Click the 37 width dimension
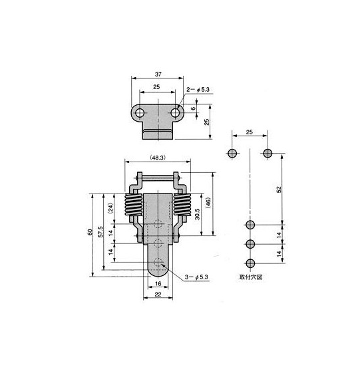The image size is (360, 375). point(158,74)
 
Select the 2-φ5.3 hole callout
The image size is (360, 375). point(198,90)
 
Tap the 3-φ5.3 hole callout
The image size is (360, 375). point(196,277)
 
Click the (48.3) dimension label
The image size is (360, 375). point(158,158)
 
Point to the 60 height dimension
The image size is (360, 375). point(90,232)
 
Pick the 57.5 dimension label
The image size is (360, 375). point(100,232)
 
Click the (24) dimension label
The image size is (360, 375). point(110,209)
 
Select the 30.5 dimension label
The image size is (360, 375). point(197,214)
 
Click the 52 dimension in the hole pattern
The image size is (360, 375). point(279,189)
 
